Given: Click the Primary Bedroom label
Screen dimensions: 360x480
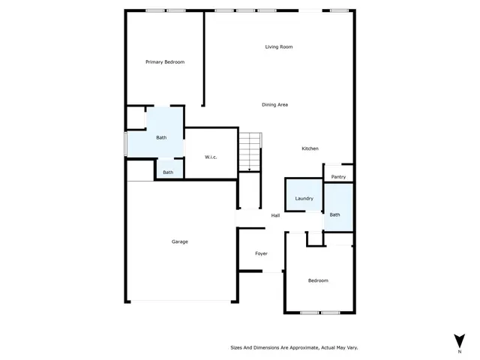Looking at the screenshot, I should (x=164, y=61).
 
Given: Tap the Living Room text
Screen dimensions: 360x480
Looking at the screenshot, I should (x=278, y=46).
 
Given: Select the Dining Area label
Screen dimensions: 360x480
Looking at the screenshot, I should (x=274, y=104).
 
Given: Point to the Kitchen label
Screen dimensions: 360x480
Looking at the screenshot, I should (x=310, y=148).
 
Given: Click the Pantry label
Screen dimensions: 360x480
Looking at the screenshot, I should (x=338, y=177).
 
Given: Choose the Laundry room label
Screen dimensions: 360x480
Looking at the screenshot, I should (x=304, y=198).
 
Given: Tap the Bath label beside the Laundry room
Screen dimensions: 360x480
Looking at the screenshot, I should (x=334, y=214).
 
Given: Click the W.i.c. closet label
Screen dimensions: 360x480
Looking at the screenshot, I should (x=211, y=157).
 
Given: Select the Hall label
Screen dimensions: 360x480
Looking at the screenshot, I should (x=275, y=216).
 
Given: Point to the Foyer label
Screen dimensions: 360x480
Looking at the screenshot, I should (x=261, y=253).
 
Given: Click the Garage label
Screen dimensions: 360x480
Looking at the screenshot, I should (x=179, y=241).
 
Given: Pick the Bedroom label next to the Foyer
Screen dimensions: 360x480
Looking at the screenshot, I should (x=318, y=280).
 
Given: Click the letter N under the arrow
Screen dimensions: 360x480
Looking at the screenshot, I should (x=458, y=350).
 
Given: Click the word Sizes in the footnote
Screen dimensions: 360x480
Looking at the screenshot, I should (x=235, y=347).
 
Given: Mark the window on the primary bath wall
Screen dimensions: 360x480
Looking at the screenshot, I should (x=125, y=144).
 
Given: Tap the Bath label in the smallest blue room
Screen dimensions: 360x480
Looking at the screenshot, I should (x=168, y=172).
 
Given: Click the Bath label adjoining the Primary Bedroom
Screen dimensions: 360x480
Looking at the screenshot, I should (x=161, y=137).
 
